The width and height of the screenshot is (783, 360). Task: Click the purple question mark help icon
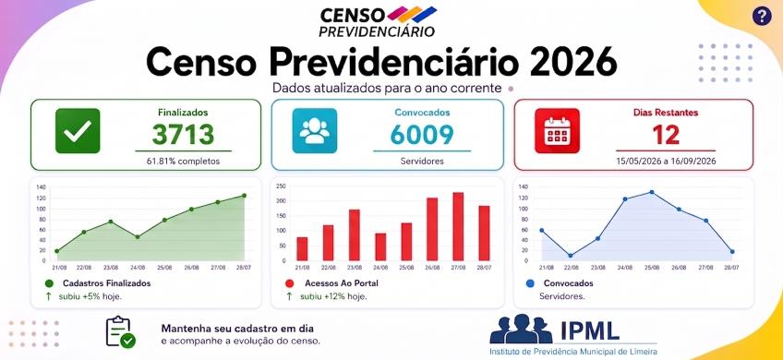coord(762,17)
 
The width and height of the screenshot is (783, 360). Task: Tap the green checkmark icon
coord(78,131)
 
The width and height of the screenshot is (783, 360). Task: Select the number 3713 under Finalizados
coord(183,135)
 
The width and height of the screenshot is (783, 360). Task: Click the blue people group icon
coord(315,131)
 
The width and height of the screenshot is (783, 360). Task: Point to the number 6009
coord(422,135)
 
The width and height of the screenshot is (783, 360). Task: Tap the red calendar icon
coord(557,131)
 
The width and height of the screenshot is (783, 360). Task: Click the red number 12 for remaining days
coord(666,135)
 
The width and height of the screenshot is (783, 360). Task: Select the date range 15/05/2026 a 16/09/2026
coord(666,162)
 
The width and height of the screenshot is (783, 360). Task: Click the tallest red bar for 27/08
coord(458,227)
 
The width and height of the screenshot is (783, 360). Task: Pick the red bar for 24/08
coord(380,247)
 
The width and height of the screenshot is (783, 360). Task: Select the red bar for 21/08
coord(302,249)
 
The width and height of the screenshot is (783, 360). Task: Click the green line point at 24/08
coord(138,236)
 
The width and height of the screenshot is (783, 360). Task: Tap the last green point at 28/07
coord(244,195)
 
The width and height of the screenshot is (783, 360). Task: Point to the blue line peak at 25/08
coord(652,192)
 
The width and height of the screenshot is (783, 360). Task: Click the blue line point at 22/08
coord(571,255)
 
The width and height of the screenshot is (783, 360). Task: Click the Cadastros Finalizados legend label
coord(106,283)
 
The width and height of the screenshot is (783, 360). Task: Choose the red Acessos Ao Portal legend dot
coord(289,283)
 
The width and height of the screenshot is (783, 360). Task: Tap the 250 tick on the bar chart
coord(281,186)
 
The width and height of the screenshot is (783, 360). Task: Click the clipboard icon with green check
coord(120,332)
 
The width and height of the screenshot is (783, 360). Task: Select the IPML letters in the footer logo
coord(590,330)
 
